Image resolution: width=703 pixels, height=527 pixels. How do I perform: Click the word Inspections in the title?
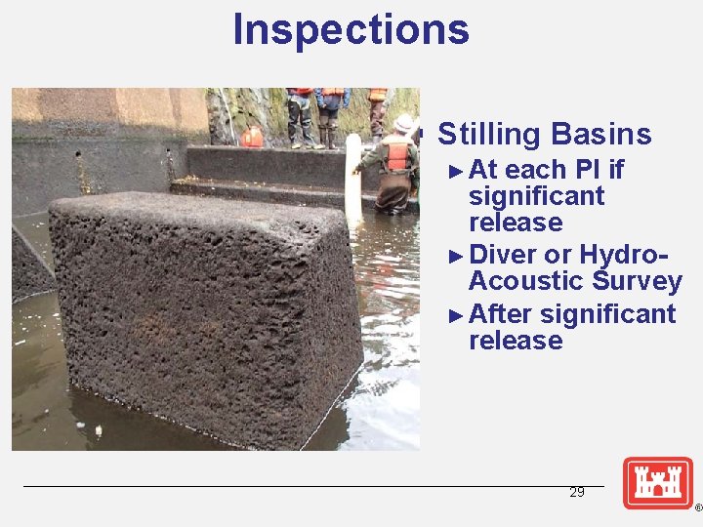click(351, 29)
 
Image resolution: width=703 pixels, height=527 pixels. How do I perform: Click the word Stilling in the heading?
click(488, 134)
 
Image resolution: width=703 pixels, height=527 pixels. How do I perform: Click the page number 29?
click(577, 493)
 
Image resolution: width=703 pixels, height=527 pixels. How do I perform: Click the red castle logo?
click(658, 482)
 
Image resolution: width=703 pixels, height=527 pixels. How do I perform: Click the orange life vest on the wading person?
click(395, 155)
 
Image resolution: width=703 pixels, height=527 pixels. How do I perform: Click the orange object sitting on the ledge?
click(252, 137)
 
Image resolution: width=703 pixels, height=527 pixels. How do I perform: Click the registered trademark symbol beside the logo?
click(697, 508)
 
